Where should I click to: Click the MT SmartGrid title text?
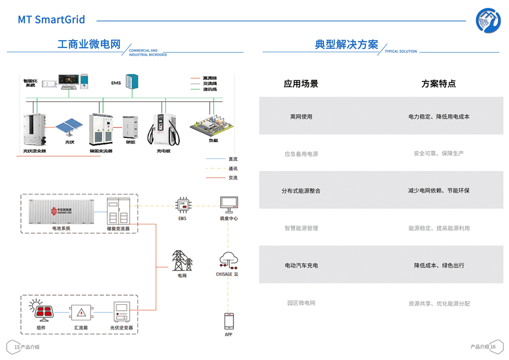click(51, 20)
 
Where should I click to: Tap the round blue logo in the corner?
click(488, 20)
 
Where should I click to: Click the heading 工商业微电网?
click(89, 45)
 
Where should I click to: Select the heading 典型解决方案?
click(346, 45)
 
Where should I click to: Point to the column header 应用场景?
click(301, 84)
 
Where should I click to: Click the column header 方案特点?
click(438, 84)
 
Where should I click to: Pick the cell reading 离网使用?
click(301, 116)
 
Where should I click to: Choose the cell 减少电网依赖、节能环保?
click(438, 191)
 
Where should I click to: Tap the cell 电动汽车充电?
click(301, 265)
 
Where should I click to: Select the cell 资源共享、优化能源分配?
click(438, 303)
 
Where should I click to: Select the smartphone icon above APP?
click(229, 321)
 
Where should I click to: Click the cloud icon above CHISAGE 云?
click(229, 260)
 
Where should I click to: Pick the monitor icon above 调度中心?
click(229, 205)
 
